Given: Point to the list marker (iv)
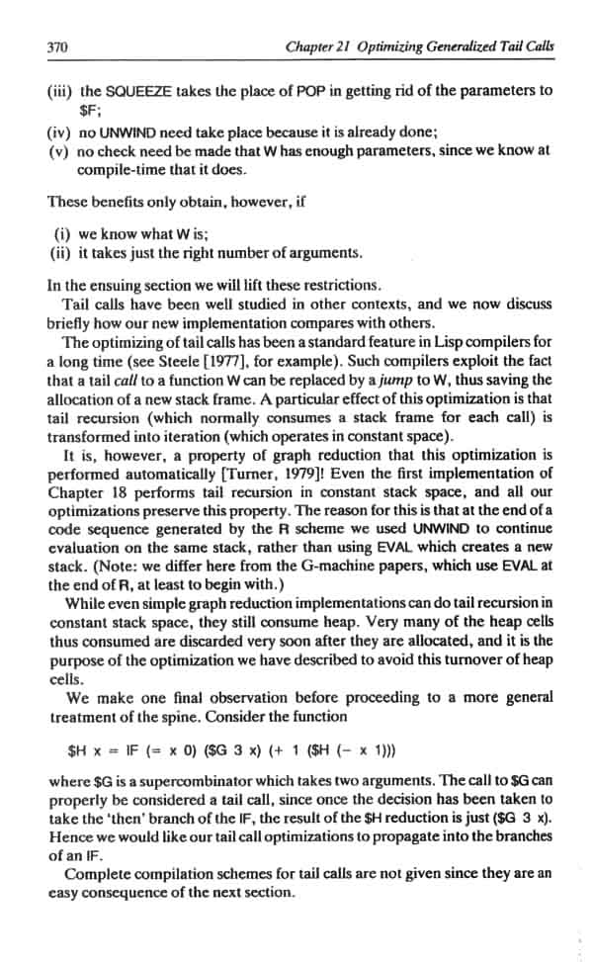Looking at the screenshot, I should point(59,132).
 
